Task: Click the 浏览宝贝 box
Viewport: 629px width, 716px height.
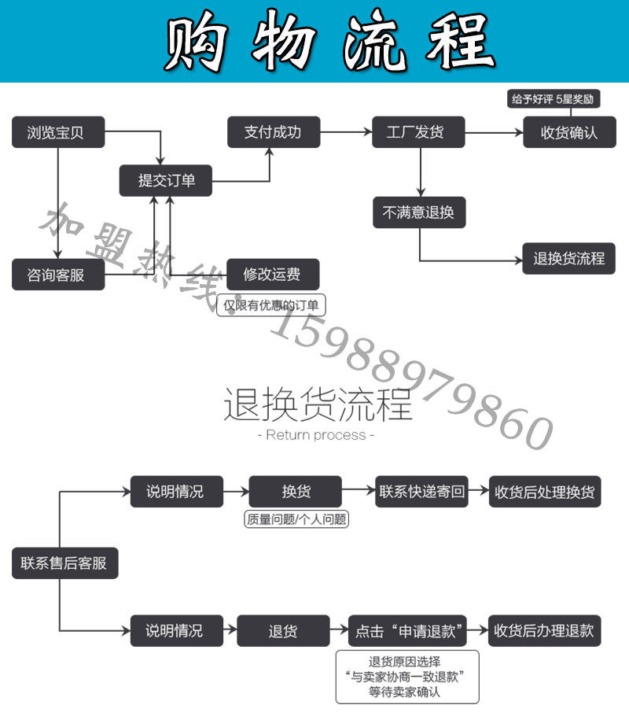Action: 58,133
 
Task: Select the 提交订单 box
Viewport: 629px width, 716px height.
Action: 166,181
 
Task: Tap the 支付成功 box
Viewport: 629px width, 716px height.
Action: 274,132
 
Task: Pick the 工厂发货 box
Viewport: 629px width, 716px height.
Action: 418,132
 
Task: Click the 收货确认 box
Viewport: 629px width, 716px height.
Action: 570,132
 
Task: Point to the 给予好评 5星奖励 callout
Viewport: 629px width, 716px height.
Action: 554,99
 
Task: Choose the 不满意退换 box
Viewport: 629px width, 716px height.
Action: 419,212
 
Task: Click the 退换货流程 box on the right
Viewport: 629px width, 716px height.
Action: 569,259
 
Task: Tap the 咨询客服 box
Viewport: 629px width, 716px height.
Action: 58,275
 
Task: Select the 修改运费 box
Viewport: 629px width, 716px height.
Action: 273,275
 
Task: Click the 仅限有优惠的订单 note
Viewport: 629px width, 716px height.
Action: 271,305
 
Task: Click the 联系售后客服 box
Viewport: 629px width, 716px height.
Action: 65,563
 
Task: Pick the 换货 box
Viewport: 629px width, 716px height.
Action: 296,492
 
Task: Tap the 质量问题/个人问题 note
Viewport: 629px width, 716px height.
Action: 296,519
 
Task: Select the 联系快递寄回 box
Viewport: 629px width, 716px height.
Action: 422,492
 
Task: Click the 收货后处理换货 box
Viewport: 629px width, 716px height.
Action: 545,492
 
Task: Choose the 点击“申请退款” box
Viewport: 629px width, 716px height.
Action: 407,631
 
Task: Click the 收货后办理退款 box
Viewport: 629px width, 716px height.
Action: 545,631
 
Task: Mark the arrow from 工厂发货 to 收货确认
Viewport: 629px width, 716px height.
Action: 495,132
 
